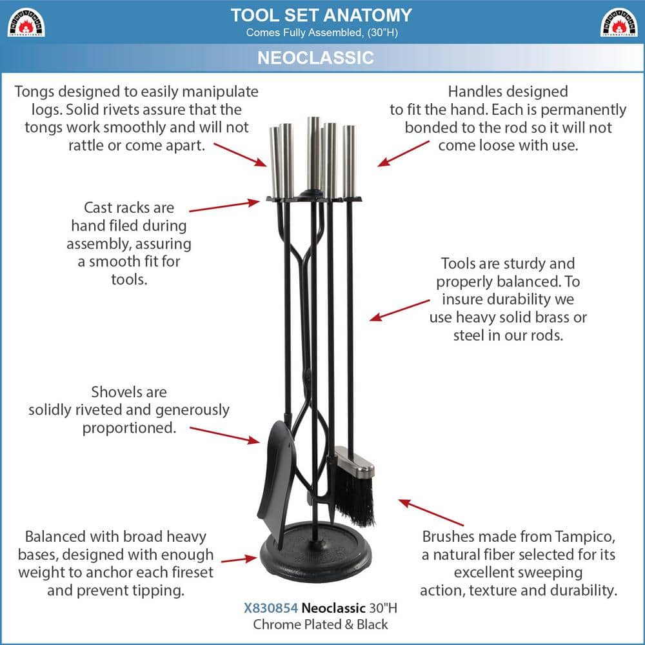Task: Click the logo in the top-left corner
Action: coord(26,22)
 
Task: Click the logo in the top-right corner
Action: coord(619,22)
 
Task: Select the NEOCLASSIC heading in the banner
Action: coord(315,57)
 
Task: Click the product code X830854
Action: coord(271,608)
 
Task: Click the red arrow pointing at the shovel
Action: coord(224,435)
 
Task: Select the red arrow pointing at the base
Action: coord(239,559)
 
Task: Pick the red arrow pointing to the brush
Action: coord(431,513)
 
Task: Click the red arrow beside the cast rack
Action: coord(224,206)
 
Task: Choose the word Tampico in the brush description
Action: coord(585,537)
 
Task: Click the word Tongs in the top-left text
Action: coord(34,92)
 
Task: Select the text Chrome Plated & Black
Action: coord(321,624)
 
